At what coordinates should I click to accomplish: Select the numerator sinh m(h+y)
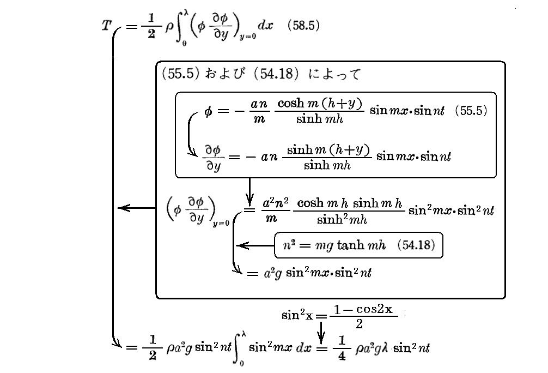[x=326, y=150]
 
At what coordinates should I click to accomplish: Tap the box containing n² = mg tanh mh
[x=358, y=246]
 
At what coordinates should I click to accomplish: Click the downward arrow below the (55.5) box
[x=249, y=190]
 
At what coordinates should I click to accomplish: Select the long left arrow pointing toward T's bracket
[x=137, y=208]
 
